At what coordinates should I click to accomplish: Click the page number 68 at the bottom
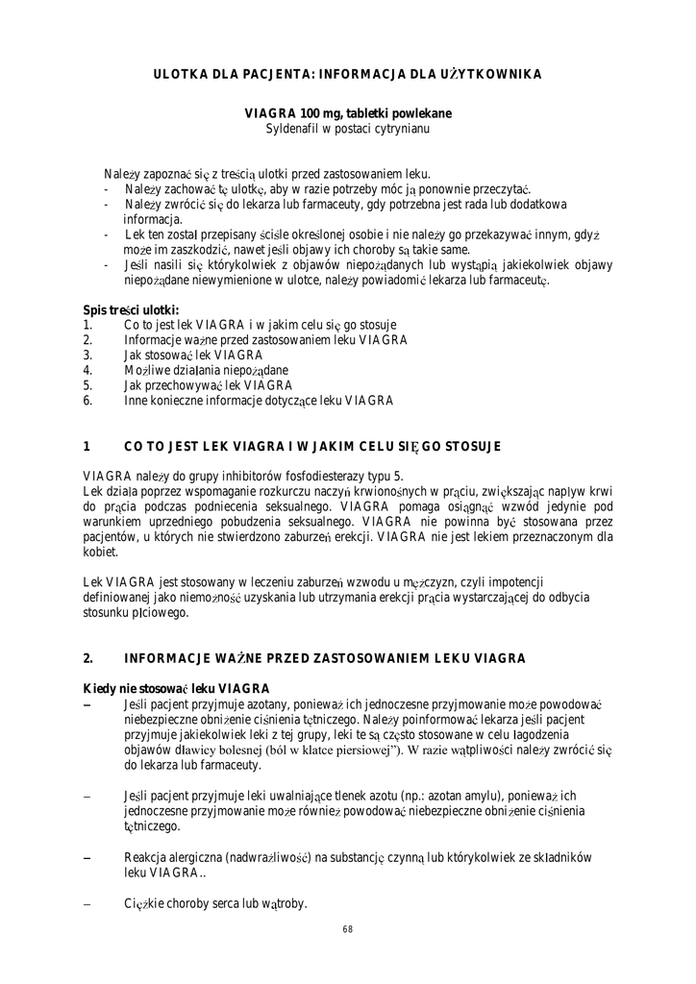tap(347, 929)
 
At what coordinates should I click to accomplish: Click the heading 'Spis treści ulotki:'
tap(131, 310)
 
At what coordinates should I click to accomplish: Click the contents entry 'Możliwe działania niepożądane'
tap(206, 370)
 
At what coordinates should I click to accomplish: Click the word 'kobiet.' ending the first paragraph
tap(102, 553)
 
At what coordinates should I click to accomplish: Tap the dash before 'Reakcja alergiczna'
tap(87, 858)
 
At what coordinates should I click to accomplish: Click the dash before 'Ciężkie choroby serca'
tap(87, 904)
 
